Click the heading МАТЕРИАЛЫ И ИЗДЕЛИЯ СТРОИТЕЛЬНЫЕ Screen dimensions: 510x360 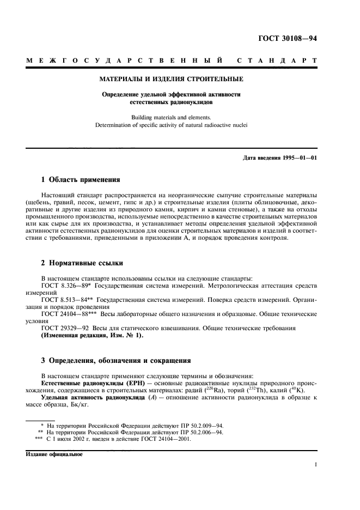(x=171, y=79)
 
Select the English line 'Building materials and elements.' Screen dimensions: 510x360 (x=171, y=117)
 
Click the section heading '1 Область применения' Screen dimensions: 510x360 (x=81, y=179)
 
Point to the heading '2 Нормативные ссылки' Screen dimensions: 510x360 (x=78, y=263)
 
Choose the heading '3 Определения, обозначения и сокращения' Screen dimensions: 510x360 (x=116, y=361)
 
